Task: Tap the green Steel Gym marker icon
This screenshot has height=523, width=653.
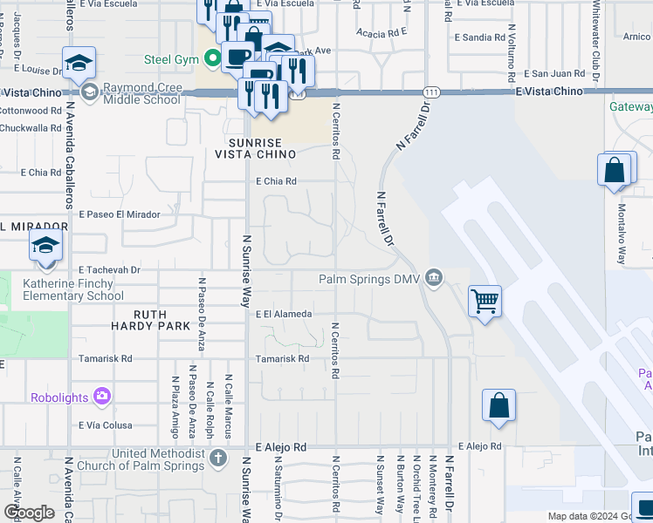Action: (211, 60)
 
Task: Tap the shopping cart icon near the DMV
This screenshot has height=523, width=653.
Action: (485, 302)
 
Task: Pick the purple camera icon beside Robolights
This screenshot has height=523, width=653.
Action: (102, 397)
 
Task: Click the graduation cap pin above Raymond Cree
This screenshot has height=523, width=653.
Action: (78, 64)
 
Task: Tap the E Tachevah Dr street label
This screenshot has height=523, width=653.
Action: (109, 270)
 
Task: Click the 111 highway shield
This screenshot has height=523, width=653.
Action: (425, 92)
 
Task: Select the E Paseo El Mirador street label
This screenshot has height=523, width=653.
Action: (120, 214)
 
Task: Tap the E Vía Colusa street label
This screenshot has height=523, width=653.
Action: (105, 425)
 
